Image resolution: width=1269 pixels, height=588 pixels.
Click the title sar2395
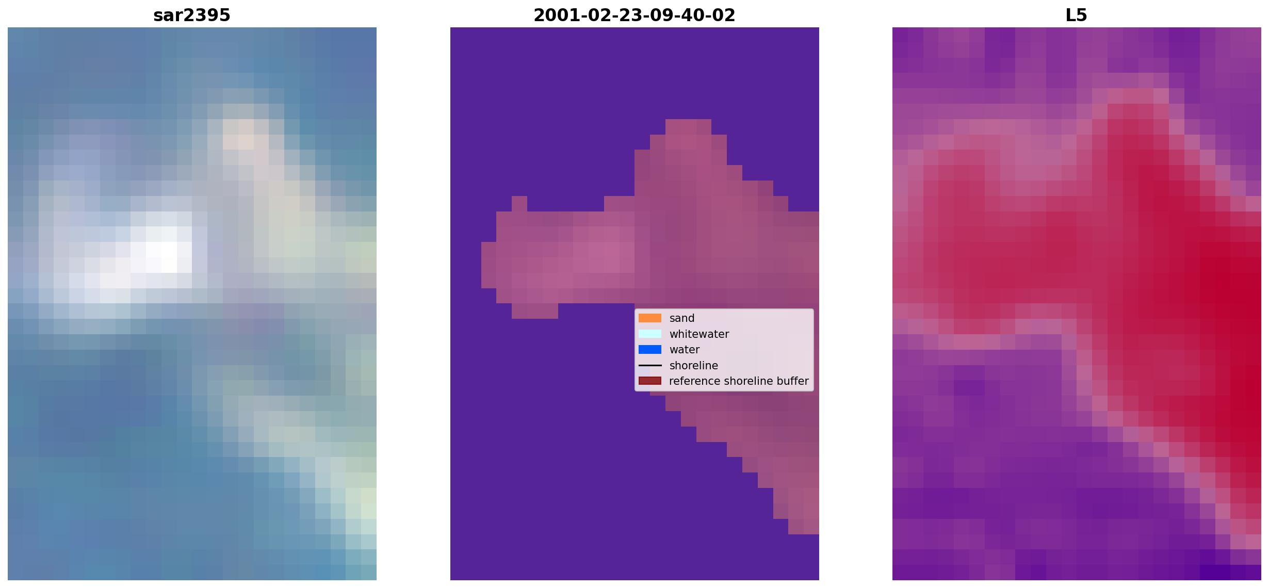tap(192, 15)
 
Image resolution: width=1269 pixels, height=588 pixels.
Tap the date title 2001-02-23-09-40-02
tap(634, 15)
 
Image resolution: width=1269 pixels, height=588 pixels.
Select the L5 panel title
tap(1077, 15)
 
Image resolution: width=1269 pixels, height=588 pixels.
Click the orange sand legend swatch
tap(650, 318)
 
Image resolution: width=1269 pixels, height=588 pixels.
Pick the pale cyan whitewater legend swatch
tap(650, 334)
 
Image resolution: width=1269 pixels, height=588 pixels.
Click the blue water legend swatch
tap(650, 350)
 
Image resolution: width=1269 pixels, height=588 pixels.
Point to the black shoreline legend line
tap(650, 365)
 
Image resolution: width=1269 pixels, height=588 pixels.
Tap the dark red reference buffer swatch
tap(650, 381)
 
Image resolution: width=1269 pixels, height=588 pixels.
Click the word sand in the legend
tap(682, 318)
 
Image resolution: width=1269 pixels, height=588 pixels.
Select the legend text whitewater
tap(699, 334)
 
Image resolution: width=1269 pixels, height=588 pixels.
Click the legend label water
tap(685, 350)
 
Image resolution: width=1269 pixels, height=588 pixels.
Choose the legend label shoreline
tap(694, 365)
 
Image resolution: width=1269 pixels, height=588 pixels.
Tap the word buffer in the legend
tap(793, 381)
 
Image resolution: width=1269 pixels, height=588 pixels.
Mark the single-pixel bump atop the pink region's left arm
tap(519, 204)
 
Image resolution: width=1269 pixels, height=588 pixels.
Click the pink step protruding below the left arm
tap(535, 311)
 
